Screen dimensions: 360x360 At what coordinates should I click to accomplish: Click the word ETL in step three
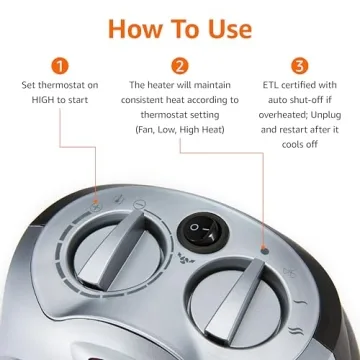[259, 86]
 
